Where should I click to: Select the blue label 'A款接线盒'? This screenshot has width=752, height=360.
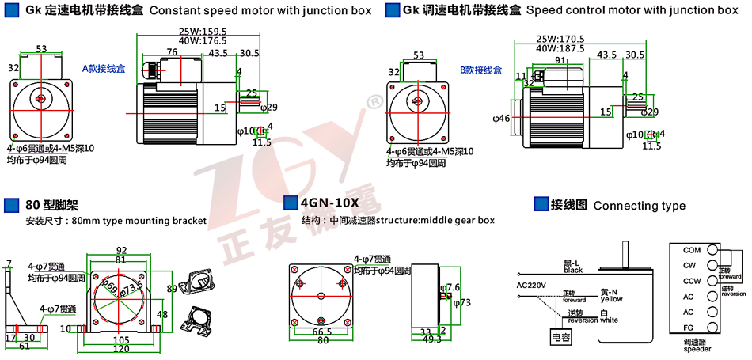coord(104,69)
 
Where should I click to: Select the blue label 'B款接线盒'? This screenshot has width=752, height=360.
coord(481,70)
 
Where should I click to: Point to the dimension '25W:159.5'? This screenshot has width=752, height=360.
coord(203,32)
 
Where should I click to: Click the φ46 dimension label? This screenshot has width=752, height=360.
coord(502,119)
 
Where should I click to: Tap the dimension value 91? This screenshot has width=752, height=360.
coord(560,60)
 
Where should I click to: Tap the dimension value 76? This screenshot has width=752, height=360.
coord(172,52)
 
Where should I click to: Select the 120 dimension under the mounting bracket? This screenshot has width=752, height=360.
coord(121,347)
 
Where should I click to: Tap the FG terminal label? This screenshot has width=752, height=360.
coord(687,327)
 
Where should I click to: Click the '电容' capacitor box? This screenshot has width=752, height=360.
coord(560,338)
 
